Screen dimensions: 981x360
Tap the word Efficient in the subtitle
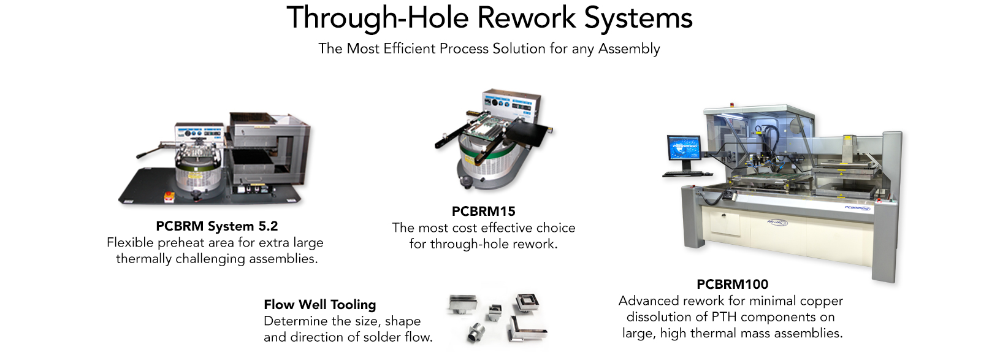[410, 48]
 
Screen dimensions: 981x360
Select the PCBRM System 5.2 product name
[217, 226]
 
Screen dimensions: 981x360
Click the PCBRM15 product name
[484, 211]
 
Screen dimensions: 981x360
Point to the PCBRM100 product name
[732, 284]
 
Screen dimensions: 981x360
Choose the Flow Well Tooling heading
[319, 304]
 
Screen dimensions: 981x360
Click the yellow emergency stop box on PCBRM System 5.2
[169, 197]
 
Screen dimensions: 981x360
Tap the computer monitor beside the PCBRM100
[684, 148]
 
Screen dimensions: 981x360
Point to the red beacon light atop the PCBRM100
[731, 105]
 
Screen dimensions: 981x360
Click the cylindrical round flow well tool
[476, 333]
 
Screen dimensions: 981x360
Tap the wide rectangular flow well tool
[462, 304]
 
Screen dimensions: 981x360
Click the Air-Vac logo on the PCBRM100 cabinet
[777, 223]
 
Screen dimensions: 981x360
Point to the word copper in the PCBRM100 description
[822, 301]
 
